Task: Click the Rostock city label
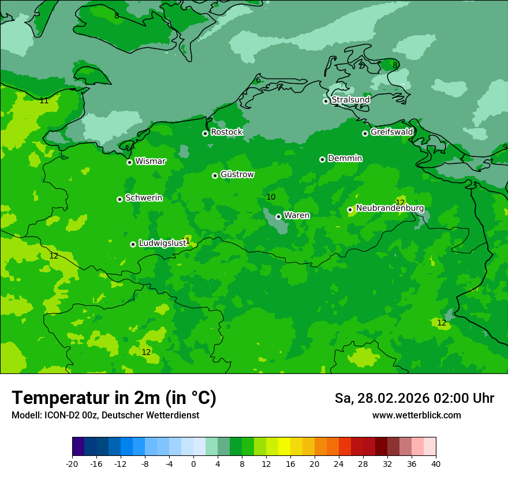coord(226,132)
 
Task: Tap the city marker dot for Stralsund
coord(326,101)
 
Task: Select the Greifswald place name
coord(391,132)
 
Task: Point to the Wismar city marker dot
coord(130,162)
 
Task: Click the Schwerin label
coord(144,198)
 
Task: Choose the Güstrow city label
coord(237,174)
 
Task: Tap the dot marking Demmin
coord(322,159)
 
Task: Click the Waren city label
coord(297,215)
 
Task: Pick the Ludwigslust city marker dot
coord(133,244)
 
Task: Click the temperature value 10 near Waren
coord(271,197)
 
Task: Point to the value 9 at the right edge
coord(505,147)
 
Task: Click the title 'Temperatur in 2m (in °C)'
coord(114,398)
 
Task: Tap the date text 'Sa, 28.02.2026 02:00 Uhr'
coord(414,398)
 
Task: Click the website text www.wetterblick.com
coord(416,415)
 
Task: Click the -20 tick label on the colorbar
coord(72,464)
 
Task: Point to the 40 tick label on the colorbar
coord(435,464)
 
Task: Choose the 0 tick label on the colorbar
coord(193,464)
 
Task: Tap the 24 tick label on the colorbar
coord(339,464)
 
